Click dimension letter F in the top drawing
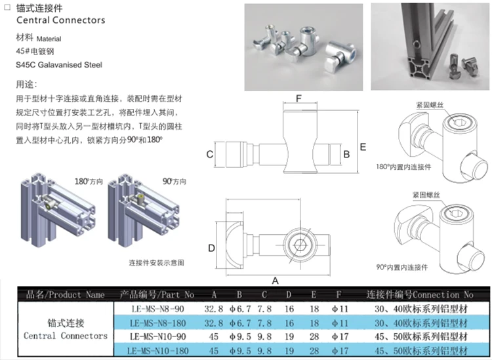(298, 98)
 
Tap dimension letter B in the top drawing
(346, 155)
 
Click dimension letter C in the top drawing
(209, 155)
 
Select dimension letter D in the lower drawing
(211, 248)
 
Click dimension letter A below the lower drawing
(276, 280)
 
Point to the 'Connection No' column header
(419, 294)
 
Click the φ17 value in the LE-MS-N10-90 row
(337, 336)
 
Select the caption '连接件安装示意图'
(156, 262)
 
